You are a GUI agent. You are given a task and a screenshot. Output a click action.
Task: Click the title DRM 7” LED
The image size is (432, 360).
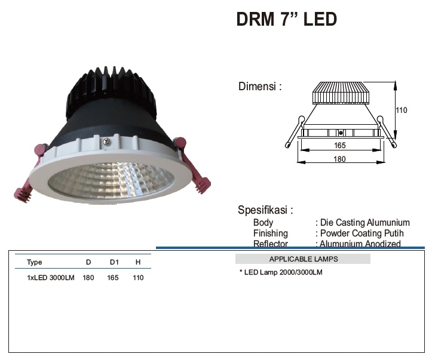point(287,19)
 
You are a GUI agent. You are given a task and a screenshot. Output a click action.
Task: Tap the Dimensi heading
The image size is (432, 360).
point(260,87)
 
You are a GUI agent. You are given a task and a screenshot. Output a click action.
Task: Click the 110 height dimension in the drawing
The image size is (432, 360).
point(402,110)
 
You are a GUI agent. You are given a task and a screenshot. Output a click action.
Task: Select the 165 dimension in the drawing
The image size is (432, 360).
point(340,145)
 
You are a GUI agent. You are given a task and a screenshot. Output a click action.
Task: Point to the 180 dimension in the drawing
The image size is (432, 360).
point(340,159)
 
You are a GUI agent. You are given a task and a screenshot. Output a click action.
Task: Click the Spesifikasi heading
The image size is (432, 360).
point(265,210)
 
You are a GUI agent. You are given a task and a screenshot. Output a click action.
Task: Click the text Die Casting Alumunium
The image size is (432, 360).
point(364,223)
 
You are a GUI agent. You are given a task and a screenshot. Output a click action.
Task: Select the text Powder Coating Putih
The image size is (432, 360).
point(362,233)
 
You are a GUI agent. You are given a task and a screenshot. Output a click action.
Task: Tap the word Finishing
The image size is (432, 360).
point(270,233)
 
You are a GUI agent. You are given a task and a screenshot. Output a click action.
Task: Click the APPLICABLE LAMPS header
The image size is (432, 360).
point(303,259)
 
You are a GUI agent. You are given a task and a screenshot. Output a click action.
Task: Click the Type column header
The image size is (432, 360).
point(35,262)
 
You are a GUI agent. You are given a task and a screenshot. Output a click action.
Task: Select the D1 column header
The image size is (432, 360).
point(114,262)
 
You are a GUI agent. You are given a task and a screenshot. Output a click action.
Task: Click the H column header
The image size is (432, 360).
point(138,262)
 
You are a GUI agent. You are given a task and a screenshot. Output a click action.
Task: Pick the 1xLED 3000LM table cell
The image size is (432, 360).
point(51,278)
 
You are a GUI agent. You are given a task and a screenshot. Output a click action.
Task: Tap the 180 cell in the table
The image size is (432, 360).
point(88,278)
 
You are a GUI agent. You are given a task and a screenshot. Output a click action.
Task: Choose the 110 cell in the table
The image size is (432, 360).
point(138,278)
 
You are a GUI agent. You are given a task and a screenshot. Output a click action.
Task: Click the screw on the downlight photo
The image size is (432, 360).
point(106,141)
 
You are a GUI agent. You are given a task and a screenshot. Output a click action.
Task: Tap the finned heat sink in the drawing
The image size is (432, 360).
point(341,92)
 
